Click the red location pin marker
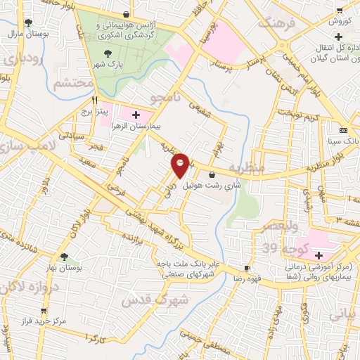181,165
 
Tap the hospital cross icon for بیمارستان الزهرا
136,114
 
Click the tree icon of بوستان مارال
27,22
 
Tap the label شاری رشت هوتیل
211,186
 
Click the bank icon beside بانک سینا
342,131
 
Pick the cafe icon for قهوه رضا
247,268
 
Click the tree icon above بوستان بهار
64,257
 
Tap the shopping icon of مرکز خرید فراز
44,310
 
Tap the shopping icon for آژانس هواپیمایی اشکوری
126,14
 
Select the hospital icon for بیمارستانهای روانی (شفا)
319,255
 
